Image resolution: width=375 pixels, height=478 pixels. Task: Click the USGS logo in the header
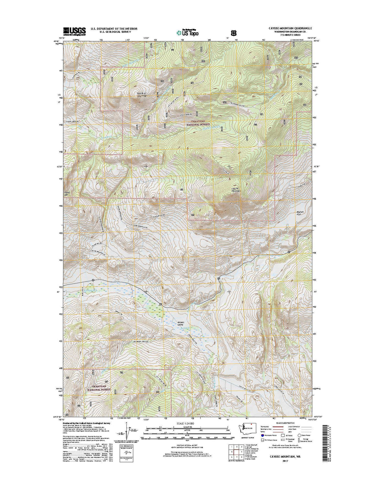pos(74,31)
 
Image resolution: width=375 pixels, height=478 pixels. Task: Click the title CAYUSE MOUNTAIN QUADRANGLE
pos(285,28)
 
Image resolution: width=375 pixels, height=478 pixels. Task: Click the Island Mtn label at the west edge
pos(67,194)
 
